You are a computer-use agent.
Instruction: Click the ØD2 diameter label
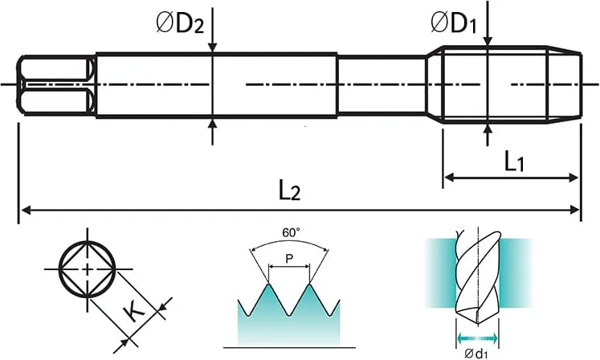point(180,23)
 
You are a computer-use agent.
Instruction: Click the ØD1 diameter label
point(454,22)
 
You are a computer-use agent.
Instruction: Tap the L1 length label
point(514,162)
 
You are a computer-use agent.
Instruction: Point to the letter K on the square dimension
point(133,310)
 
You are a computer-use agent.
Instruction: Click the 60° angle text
point(292,232)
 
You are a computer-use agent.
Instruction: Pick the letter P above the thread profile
point(289,260)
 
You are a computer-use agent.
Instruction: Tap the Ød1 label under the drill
point(476,354)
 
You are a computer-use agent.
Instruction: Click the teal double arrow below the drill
point(478,338)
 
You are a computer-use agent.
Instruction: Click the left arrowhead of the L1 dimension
point(449,178)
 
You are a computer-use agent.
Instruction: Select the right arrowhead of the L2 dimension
point(575,210)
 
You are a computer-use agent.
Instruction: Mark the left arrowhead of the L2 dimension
point(26,210)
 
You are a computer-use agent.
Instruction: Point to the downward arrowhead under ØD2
point(213,47)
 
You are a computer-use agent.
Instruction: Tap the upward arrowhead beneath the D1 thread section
point(487,129)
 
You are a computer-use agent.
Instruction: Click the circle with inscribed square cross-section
point(88,268)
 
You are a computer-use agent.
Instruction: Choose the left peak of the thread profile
point(268,284)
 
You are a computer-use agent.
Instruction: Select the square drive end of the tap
point(56,84)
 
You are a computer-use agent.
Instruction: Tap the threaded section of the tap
point(512,84)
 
